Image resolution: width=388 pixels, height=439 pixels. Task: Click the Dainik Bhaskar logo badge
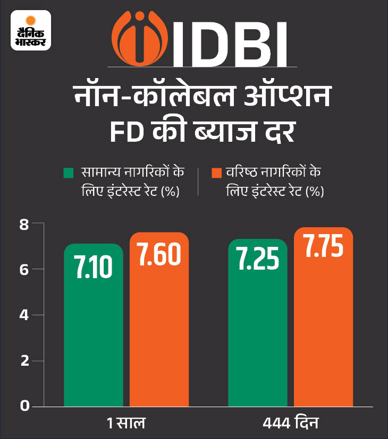(x=31, y=30)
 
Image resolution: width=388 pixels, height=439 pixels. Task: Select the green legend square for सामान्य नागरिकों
(x=68, y=173)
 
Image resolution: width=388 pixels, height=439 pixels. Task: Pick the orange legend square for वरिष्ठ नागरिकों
(x=216, y=173)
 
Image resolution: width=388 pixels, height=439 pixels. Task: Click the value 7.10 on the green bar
(x=94, y=268)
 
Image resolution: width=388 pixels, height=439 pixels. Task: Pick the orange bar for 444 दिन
(x=323, y=329)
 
